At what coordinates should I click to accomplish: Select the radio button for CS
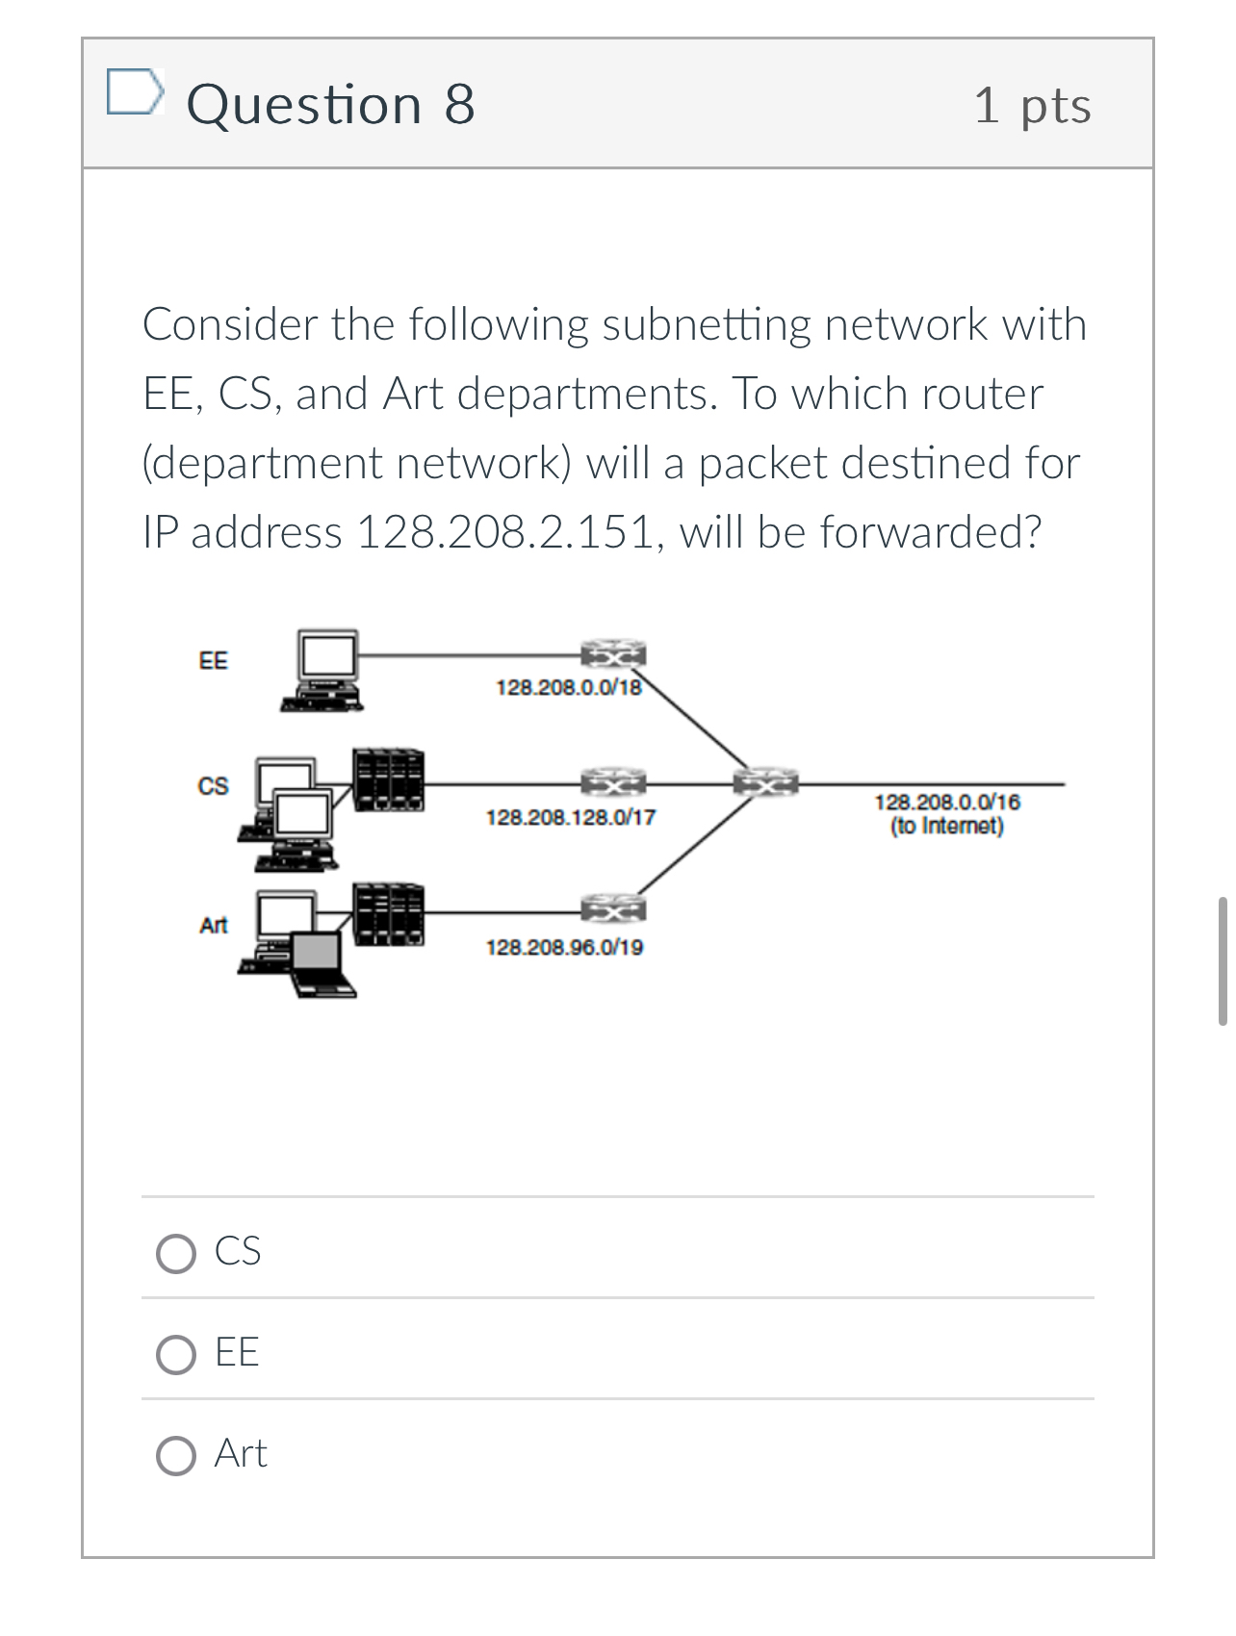[176, 1254]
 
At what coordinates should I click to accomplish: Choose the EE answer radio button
[176, 1355]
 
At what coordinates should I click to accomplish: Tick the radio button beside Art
[176, 1456]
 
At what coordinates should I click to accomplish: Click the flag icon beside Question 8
[133, 92]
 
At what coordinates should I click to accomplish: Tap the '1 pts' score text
[1032, 105]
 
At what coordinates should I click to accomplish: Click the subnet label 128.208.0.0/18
[568, 687]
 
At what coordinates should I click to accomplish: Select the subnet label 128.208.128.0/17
[571, 818]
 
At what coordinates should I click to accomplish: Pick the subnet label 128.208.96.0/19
[565, 948]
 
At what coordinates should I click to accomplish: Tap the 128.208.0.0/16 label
[947, 803]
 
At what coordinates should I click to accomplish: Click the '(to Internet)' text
[947, 827]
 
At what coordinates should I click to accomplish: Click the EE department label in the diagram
[213, 661]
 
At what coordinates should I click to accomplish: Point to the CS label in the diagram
[213, 786]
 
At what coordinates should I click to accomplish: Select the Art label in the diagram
[213, 926]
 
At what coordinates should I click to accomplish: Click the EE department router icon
[612, 654]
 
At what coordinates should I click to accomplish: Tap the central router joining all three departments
[766, 782]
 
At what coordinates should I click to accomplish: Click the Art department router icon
[612, 907]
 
